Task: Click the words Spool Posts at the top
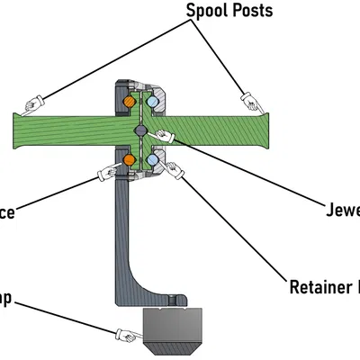click(229, 11)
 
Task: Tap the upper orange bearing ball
click(129, 103)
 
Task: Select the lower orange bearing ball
click(129, 159)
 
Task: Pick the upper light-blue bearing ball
click(152, 103)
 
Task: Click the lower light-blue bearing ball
click(152, 159)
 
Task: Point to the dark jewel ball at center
click(140, 131)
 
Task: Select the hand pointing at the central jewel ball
click(164, 136)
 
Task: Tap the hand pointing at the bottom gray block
click(127, 336)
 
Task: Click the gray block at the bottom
click(175, 330)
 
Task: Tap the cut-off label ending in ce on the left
click(7, 214)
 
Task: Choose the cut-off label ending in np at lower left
click(5, 297)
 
